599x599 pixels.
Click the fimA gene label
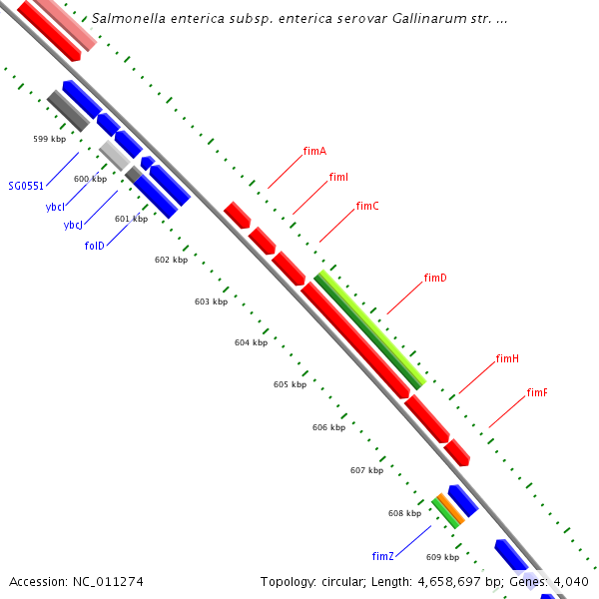tap(314, 152)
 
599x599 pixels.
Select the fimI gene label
tap(338, 178)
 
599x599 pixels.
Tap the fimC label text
tap(367, 207)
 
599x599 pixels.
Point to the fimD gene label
tap(435, 278)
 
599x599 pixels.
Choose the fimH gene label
tap(507, 358)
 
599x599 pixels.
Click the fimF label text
tap(537, 393)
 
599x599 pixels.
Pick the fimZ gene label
tap(383, 556)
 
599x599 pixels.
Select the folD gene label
tap(95, 245)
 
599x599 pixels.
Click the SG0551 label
tap(26, 186)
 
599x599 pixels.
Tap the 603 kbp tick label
tap(211, 300)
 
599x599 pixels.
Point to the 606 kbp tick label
tap(328, 427)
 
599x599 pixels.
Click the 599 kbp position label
tap(49, 139)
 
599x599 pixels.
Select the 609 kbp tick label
tap(442, 557)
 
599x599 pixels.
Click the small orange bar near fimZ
tap(449, 510)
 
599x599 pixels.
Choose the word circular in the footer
tap(345, 581)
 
